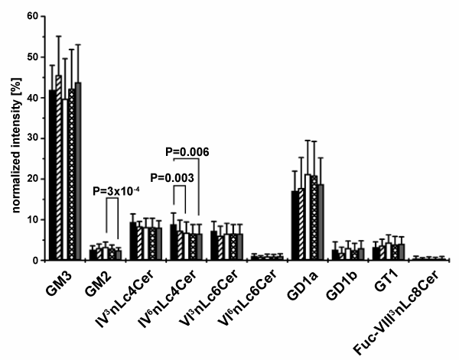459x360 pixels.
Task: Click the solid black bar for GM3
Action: click(53, 176)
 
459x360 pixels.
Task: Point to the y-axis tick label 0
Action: click(35, 261)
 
